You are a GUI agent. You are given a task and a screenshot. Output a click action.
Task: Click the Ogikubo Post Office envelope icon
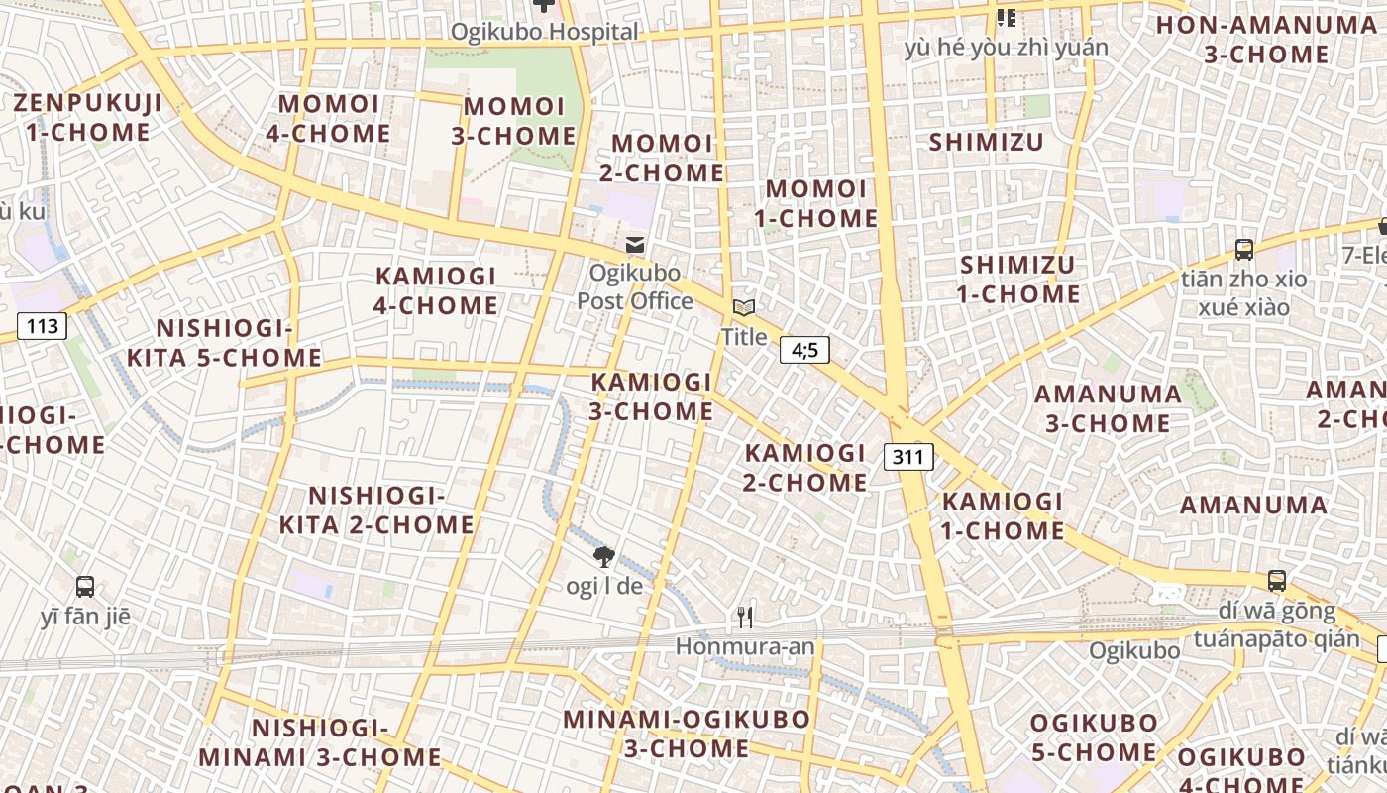tap(635, 245)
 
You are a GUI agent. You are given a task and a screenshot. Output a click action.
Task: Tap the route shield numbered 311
tap(908, 457)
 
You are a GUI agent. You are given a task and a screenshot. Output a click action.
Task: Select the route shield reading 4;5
tap(804, 349)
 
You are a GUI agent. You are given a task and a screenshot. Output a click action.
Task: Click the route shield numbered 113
tap(43, 325)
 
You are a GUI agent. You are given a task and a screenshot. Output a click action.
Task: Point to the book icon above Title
tap(744, 308)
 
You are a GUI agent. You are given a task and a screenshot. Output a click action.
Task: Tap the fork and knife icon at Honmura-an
tap(745, 618)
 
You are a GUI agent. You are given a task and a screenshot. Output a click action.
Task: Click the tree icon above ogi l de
tap(603, 557)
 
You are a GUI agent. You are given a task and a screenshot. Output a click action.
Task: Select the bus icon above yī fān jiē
tap(85, 587)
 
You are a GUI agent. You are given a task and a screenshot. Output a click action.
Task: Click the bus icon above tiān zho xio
tap(1244, 250)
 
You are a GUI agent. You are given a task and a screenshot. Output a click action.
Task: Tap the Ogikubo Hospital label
tap(545, 32)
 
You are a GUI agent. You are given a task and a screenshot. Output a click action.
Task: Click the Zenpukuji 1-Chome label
tap(82, 117)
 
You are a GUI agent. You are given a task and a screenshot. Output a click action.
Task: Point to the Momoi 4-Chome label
tap(329, 118)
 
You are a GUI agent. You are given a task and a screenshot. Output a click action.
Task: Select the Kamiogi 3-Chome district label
tap(652, 396)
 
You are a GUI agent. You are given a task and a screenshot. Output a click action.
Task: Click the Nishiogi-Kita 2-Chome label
tap(376, 510)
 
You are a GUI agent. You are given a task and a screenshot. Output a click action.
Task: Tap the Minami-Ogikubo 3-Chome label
tap(687, 734)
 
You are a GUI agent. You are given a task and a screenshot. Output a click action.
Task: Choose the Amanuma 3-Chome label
tap(1108, 408)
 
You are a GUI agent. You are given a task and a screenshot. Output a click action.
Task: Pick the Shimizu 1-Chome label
tap(1018, 280)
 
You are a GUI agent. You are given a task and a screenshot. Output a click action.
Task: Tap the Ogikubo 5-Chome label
tap(1094, 737)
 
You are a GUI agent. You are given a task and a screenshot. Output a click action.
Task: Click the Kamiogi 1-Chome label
tap(1003, 515)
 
